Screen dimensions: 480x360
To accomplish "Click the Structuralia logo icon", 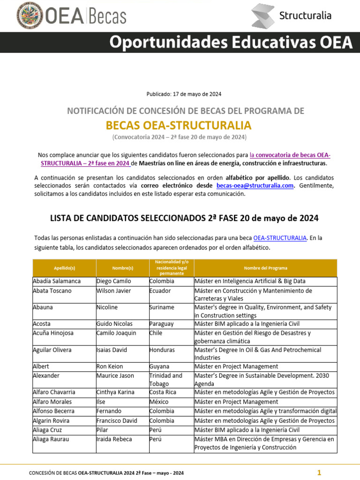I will coord(262,15).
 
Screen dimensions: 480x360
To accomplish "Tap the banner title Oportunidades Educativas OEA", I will coord(231,43).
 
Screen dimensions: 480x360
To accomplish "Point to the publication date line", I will coord(184,94).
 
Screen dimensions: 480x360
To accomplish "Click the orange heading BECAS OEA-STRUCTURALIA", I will coord(179,125).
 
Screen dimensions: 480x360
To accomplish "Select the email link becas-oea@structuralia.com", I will coord(255,185).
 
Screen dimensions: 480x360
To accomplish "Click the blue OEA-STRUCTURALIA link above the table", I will coord(279,238).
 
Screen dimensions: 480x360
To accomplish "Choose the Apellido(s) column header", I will coord(64,268).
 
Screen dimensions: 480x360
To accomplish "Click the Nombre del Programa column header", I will coord(265,268).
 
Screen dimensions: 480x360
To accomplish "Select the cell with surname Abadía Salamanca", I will coord(57,281).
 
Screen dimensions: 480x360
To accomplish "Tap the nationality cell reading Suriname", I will coord(162,307).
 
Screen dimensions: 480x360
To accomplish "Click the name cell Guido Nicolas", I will coord(114,324).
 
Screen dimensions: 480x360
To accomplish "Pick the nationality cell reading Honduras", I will coord(163,350).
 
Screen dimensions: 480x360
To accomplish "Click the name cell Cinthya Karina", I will coord(115,392).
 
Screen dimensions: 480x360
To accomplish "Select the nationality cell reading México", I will coord(159,402).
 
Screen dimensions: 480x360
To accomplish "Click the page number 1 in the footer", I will coord(319,472).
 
